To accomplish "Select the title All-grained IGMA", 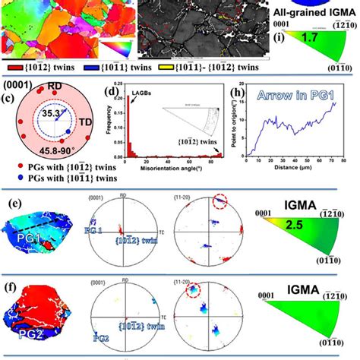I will point(313,8).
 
